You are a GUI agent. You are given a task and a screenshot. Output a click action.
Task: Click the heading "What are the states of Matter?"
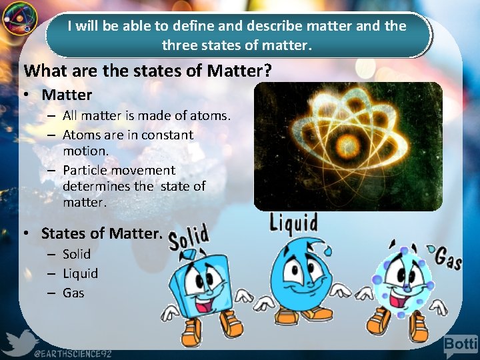147,71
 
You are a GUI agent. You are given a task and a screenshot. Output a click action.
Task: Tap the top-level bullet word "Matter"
67,95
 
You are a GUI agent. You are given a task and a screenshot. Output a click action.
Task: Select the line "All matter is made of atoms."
147,115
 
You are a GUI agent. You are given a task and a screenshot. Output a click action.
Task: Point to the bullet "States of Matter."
101,233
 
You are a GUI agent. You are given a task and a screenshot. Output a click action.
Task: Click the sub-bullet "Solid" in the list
77,254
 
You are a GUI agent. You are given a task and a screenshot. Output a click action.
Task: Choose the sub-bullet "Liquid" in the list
80,273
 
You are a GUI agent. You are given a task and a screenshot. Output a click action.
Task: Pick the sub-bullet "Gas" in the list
73,293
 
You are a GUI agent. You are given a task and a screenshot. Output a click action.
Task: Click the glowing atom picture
348,147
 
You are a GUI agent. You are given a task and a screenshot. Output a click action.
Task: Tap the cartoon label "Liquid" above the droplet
293,223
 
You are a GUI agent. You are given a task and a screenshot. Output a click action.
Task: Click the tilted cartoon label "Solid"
189,237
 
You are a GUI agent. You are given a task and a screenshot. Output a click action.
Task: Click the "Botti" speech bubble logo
461,345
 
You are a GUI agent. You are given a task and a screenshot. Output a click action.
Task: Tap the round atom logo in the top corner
18,19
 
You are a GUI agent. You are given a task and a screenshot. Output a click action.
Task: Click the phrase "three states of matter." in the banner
237,46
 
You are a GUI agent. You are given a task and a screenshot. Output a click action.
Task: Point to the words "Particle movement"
119,171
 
